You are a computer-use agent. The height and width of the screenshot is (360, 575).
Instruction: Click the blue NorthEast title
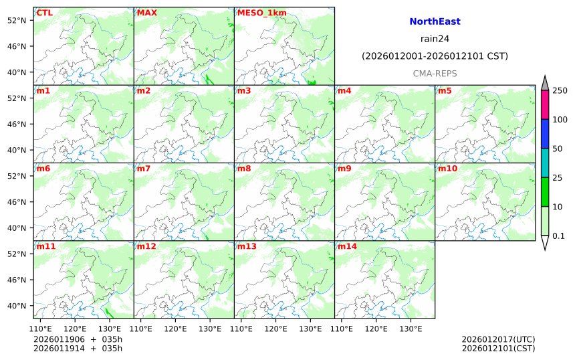(435, 21)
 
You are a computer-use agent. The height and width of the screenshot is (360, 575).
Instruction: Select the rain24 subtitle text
(435, 39)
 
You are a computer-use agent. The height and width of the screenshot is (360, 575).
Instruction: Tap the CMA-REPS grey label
(435, 72)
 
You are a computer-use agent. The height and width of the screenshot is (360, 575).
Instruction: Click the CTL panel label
(45, 13)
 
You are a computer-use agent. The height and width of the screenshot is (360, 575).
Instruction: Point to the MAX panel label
(147, 13)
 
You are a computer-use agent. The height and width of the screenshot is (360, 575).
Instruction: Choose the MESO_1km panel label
(257, 13)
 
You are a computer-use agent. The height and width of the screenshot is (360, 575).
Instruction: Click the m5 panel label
(445, 90)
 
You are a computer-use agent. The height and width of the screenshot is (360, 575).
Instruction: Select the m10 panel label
(448, 169)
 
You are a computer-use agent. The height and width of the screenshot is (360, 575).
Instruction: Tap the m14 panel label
(347, 246)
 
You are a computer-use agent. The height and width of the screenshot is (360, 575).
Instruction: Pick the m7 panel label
(144, 169)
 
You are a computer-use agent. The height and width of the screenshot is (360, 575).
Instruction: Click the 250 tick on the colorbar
(560, 90)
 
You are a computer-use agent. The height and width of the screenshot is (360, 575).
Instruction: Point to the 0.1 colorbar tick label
(558, 236)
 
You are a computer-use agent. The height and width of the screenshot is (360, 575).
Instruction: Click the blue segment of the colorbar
(545, 134)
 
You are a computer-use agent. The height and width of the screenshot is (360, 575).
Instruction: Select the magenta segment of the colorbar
(545, 105)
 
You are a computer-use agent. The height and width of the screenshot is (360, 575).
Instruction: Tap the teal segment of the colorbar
(545, 163)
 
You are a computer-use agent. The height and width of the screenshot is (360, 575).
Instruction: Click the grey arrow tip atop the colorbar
(545, 83)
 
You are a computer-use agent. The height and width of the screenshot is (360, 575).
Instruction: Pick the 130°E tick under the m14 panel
(411, 329)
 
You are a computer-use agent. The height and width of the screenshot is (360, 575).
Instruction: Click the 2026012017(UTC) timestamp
(498, 339)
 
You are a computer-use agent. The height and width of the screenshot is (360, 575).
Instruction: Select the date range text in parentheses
(435, 56)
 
